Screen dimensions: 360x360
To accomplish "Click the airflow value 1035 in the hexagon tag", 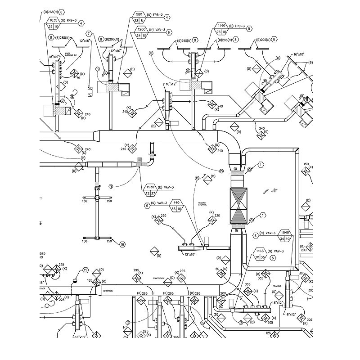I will tap(53, 20).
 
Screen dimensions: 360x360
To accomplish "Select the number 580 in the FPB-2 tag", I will tap(139, 15).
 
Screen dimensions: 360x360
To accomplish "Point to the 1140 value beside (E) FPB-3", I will tap(221, 26).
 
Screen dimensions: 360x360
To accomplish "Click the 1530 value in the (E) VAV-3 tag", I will tap(150, 187).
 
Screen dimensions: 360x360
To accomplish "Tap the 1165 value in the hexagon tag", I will tap(260, 251).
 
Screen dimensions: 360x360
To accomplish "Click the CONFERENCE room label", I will tap(159, 278).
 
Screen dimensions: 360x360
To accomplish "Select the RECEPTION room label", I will tap(108, 292).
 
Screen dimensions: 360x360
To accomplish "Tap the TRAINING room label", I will tap(278, 286).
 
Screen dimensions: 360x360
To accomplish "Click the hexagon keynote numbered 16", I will tap(122, 244).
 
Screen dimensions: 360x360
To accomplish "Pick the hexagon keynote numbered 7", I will tap(89, 34).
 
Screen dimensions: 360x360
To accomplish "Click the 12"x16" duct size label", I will tap(85, 41).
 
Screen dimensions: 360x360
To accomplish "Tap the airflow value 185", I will tap(90, 281).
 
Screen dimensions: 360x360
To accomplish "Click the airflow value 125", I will tap(268, 333).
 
